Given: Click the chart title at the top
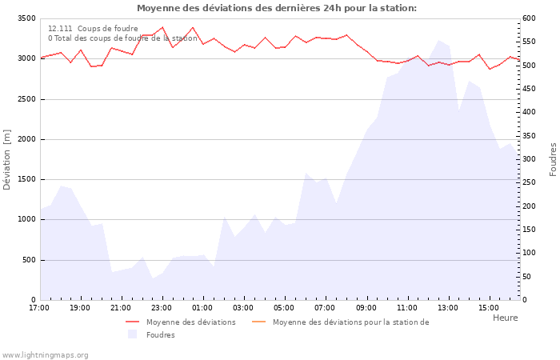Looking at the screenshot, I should click(276, 8).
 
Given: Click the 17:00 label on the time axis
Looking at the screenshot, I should click(38, 307).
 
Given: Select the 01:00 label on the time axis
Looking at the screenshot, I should click(202, 307).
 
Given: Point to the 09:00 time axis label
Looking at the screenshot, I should click(366, 307).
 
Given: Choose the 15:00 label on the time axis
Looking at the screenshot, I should click(489, 307).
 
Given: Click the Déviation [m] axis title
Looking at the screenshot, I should click(7, 159).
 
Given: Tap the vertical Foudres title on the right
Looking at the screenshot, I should click(553, 159).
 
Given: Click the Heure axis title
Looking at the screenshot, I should click(505, 318).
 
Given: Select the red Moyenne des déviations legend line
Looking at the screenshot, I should click(133, 322).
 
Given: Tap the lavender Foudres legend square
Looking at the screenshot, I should click(133, 334).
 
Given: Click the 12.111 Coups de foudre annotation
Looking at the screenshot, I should click(93, 29).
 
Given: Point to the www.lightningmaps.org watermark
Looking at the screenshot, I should click(45, 355).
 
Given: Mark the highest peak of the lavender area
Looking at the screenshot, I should click(438, 40).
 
